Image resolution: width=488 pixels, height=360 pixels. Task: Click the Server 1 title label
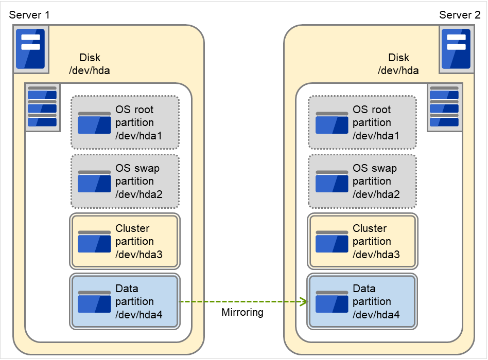click(30, 14)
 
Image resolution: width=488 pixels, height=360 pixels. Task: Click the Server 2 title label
click(459, 14)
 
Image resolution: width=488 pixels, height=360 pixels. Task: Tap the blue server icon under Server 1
click(30, 49)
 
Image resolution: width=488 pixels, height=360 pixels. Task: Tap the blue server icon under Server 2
click(456, 49)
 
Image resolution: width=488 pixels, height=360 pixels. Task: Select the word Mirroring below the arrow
click(242, 312)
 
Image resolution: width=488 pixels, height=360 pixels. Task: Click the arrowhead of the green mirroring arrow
click(303, 301)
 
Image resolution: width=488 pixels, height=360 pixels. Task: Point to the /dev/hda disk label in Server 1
click(90, 71)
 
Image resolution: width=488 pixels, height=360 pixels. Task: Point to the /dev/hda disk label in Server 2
click(398, 71)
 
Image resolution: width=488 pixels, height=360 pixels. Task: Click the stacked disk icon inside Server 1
click(42, 107)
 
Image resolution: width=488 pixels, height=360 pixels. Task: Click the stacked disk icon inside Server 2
click(444, 107)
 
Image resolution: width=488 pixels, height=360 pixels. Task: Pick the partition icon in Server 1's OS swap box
click(94, 182)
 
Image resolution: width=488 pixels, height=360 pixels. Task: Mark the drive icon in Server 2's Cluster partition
click(332, 242)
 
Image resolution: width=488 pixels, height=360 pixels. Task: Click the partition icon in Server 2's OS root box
click(332, 123)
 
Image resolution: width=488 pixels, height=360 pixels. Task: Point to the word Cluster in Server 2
click(370, 228)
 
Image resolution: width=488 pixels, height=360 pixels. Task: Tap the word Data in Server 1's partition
click(127, 289)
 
